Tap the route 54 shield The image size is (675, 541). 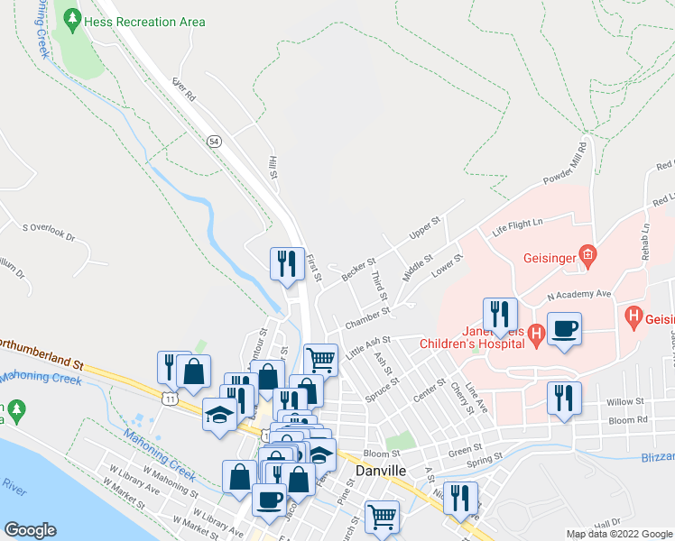click(214, 142)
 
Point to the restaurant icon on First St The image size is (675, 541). click(288, 264)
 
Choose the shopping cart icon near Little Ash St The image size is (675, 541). click(320, 360)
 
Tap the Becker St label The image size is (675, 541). click(358, 268)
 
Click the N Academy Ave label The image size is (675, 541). click(579, 294)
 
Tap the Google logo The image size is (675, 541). click(30, 530)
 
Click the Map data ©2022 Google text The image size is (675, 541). click(619, 534)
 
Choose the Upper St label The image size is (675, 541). click(423, 228)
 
